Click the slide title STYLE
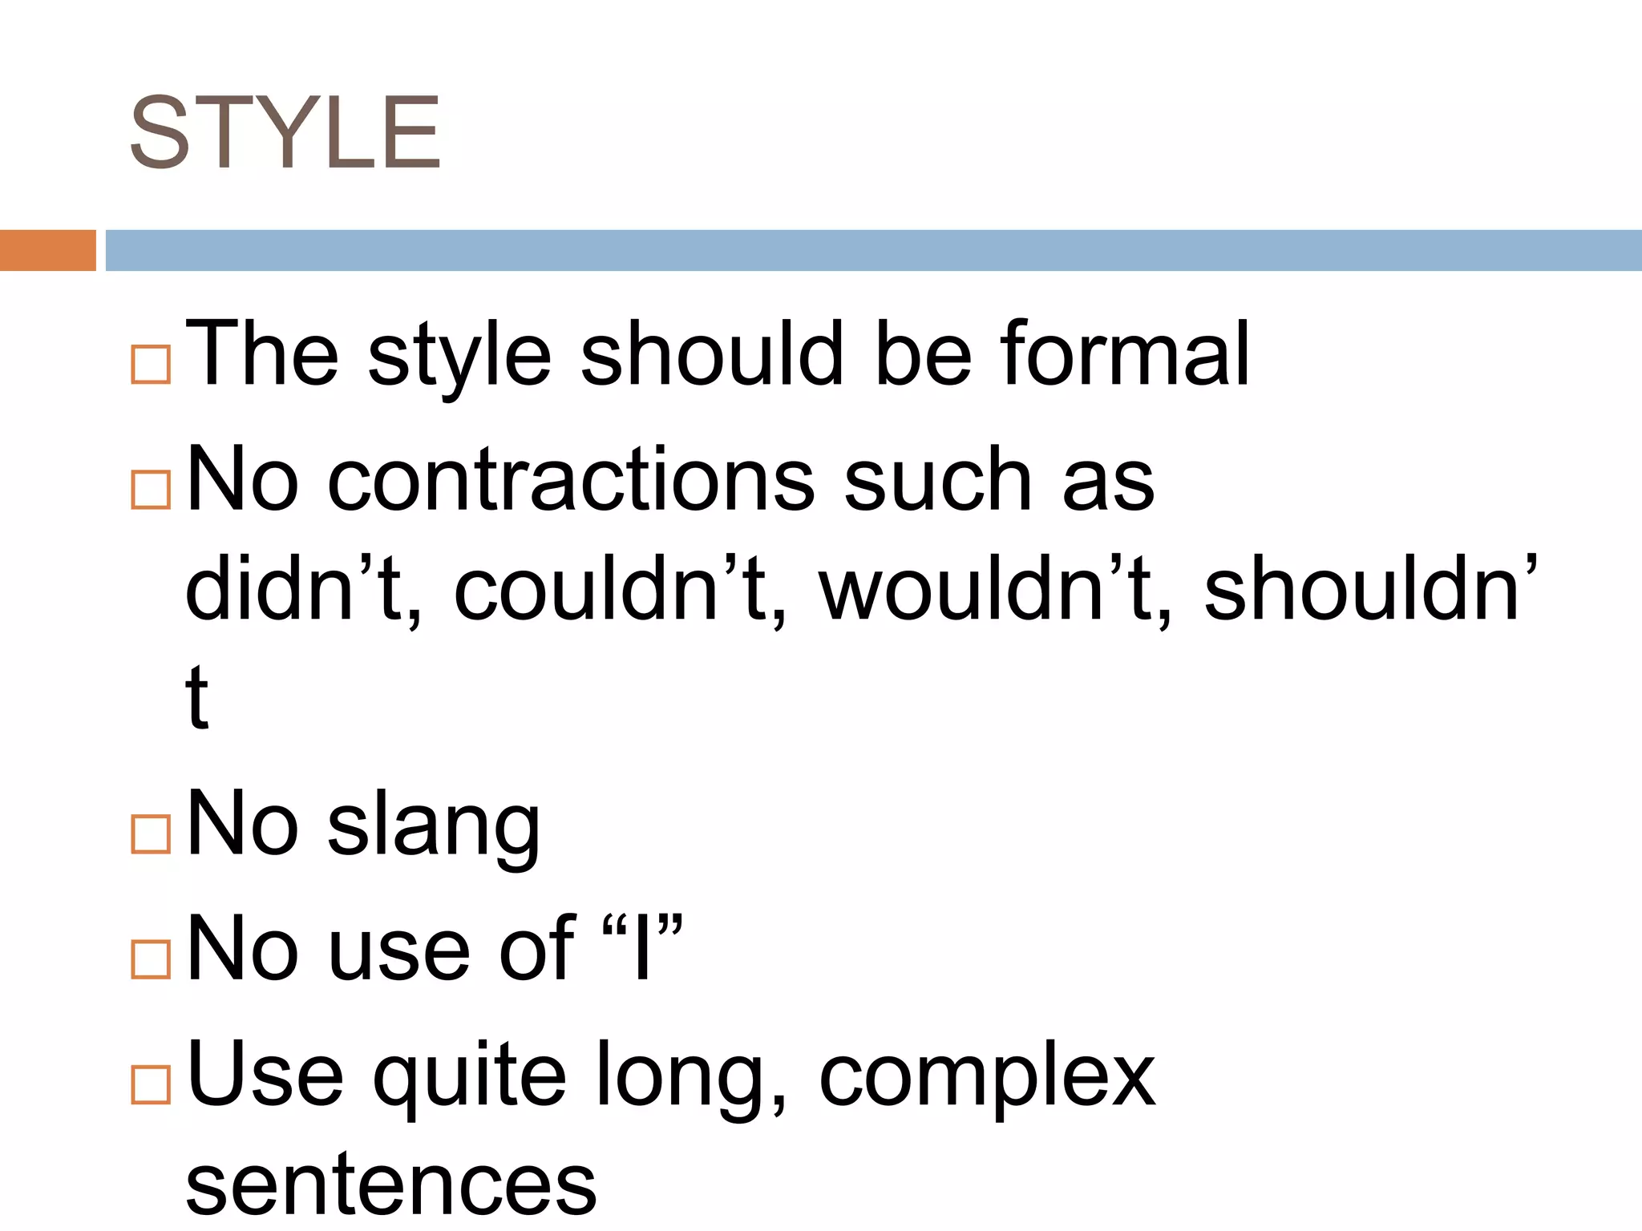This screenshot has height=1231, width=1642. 285,133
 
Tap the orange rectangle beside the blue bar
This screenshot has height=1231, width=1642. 47,250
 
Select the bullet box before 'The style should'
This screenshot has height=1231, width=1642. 151,365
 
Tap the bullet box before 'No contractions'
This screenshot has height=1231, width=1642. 151,489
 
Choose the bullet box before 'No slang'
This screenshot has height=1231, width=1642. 151,834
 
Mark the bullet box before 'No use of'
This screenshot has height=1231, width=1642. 151,959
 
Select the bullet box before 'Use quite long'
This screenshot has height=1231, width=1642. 151,1084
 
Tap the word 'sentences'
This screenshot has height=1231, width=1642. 391,1186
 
